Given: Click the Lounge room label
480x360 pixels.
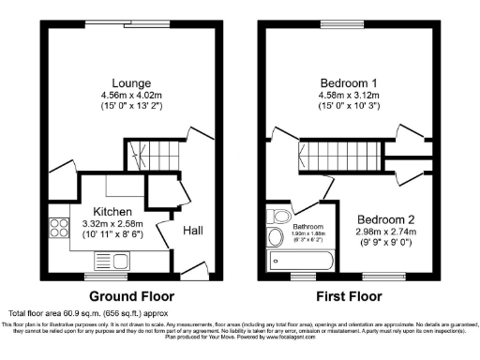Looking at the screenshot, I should pos(127,82).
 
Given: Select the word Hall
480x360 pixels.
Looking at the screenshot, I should pos(192,231).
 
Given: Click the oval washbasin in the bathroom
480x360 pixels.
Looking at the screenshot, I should pos(277,237).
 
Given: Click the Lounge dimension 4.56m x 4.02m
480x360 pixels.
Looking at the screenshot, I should pos(127,94).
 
